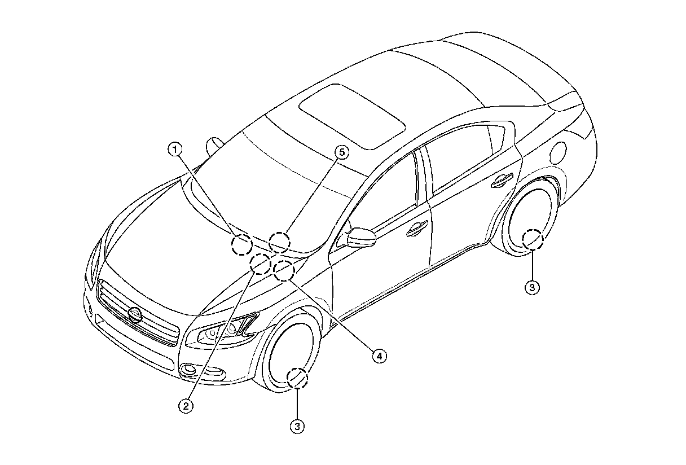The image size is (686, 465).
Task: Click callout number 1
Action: coord(176,149)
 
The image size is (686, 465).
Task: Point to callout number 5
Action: coord(341,151)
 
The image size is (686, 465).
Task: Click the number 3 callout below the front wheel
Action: coord(297,427)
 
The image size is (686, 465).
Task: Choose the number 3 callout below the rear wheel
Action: coord(532,287)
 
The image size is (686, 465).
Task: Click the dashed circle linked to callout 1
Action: coord(242,244)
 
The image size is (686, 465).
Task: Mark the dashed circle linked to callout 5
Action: coord(279,242)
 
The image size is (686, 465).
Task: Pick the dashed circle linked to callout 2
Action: coord(261,264)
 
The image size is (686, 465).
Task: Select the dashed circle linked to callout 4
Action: coord(283,271)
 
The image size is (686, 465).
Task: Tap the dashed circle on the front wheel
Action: coord(297,378)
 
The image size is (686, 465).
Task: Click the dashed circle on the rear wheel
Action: coord(532,239)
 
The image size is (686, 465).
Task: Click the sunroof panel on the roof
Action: coord(351,116)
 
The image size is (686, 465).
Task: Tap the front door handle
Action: coord(417,228)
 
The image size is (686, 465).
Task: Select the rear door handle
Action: coord(501,179)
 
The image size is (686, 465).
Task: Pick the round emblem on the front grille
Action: coord(135,315)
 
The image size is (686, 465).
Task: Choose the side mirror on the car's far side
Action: coord(214,144)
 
